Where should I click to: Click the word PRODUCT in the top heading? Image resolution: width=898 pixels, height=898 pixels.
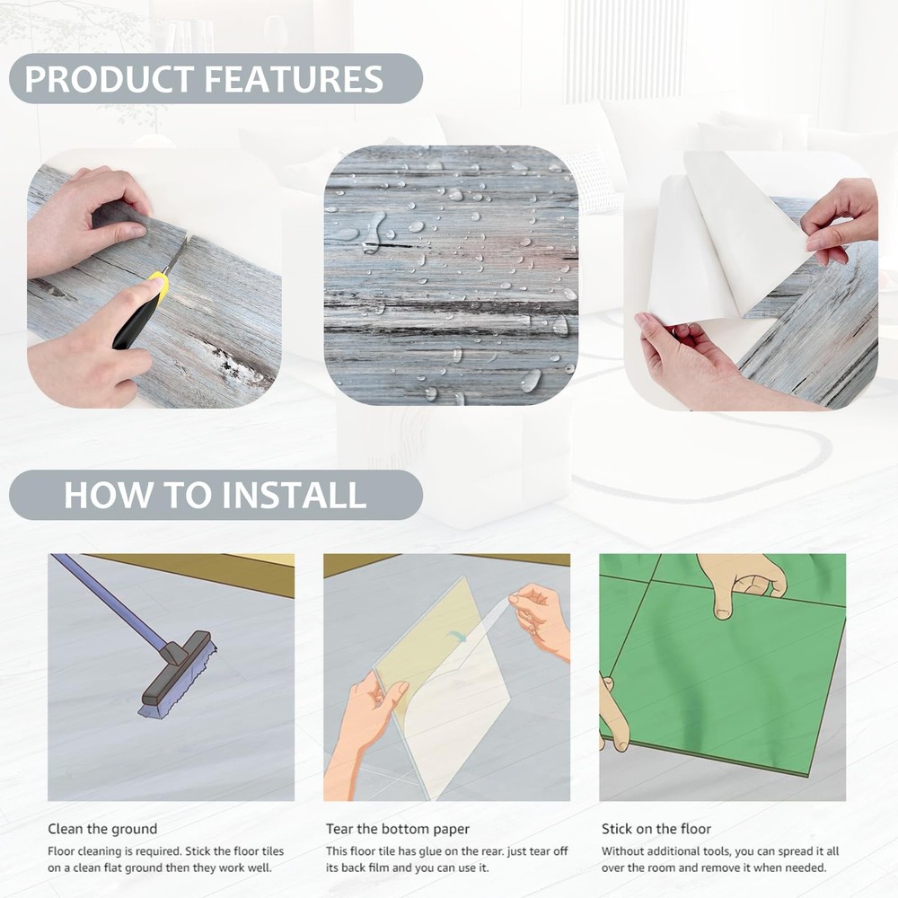110,79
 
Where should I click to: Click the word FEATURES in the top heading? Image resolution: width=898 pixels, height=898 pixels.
294,79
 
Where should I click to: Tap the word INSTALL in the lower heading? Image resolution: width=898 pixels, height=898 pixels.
294,496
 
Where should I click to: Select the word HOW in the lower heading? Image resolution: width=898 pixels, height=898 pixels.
107,496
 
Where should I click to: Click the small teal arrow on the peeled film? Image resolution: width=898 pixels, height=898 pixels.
456,636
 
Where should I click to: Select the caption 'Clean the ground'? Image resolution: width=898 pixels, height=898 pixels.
102,829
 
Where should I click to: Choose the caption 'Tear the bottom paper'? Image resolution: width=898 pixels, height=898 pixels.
398,829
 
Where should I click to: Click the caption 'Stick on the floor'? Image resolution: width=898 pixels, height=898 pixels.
656,829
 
